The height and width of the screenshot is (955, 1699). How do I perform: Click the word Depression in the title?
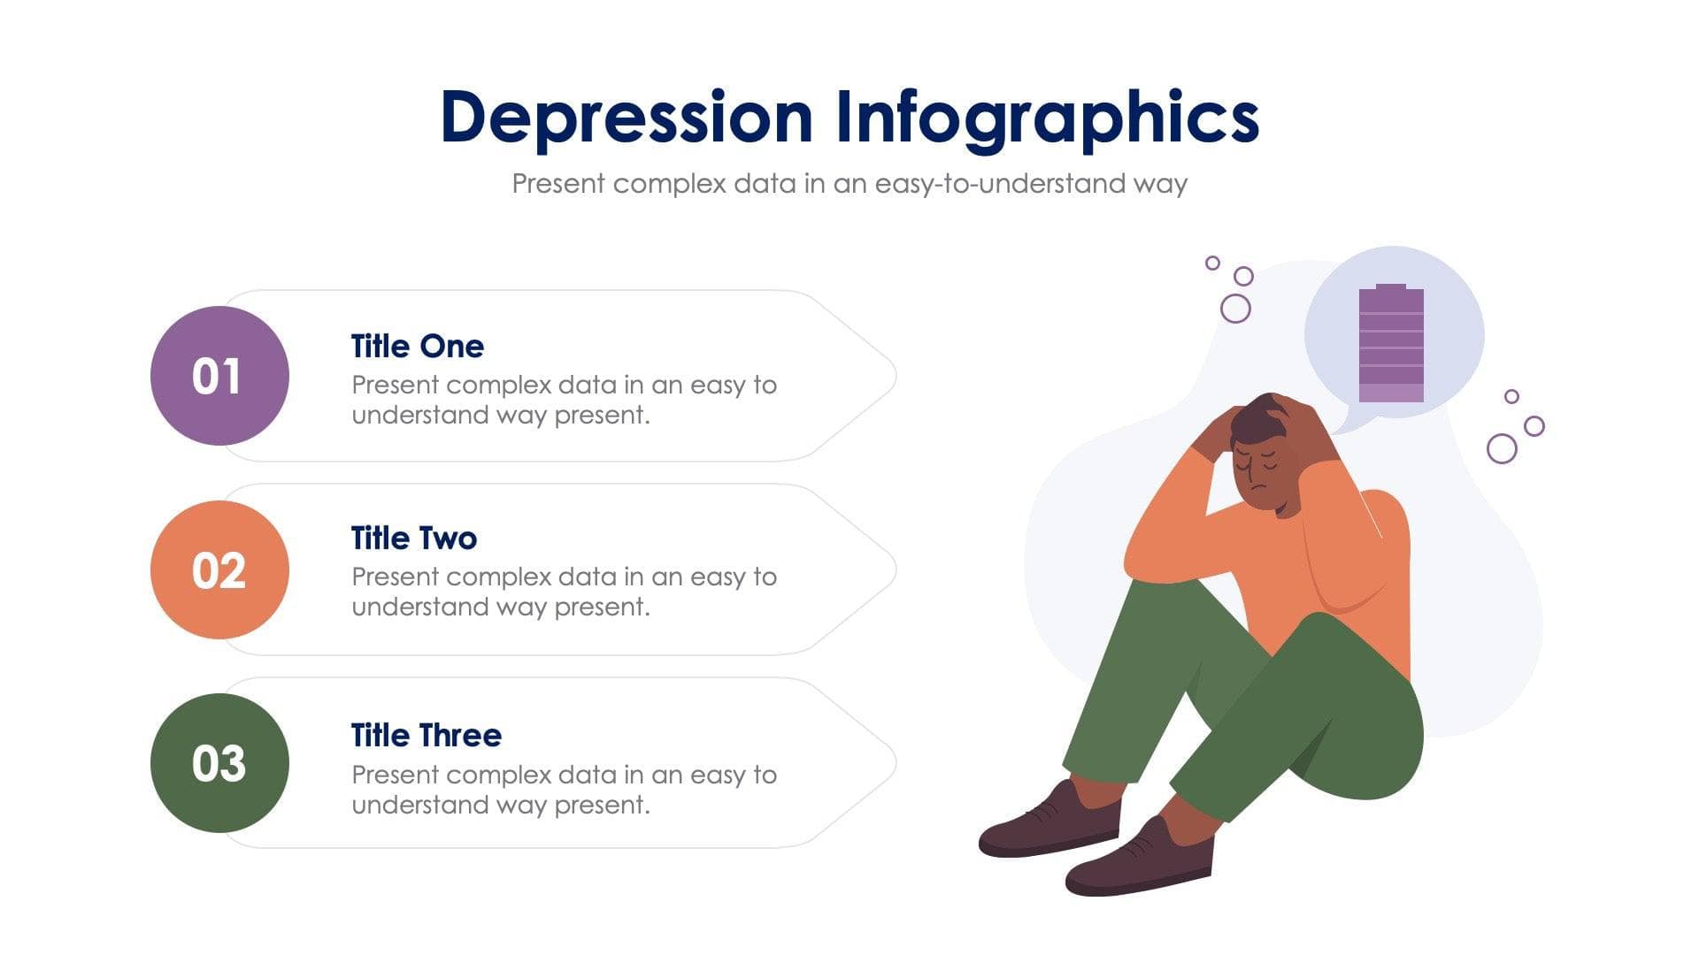tap(626, 118)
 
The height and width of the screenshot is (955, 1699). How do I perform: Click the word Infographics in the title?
tap(1047, 118)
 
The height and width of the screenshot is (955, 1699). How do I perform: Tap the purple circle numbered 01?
tap(219, 376)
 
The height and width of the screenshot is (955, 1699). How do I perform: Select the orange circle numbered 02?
tap(219, 569)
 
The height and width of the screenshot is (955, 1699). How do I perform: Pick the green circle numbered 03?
tap(219, 762)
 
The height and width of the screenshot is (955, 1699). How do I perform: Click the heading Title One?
tap(417, 346)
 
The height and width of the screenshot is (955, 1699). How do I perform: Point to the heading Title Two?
tap(413, 538)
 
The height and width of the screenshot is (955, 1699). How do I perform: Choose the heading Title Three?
tap(426, 735)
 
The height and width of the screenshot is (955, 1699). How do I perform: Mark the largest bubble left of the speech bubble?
tap(1235, 309)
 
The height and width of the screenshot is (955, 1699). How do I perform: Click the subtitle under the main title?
tap(849, 184)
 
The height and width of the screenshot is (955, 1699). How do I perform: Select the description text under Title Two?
tap(564, 592)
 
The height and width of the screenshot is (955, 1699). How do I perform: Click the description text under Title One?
tap(564, 400)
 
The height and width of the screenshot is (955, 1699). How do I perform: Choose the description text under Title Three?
tap(564, 790)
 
